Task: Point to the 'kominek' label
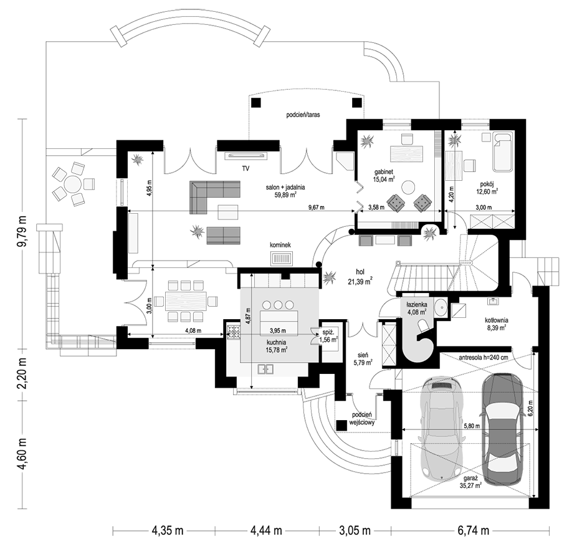[282, 245]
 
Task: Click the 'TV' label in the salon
[246, 168]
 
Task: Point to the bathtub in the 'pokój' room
[502, 151]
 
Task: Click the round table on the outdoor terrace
[74, 184]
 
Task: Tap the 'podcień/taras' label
[303, 115]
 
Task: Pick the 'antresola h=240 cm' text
[484, 358]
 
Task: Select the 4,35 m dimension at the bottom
[167, 531]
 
